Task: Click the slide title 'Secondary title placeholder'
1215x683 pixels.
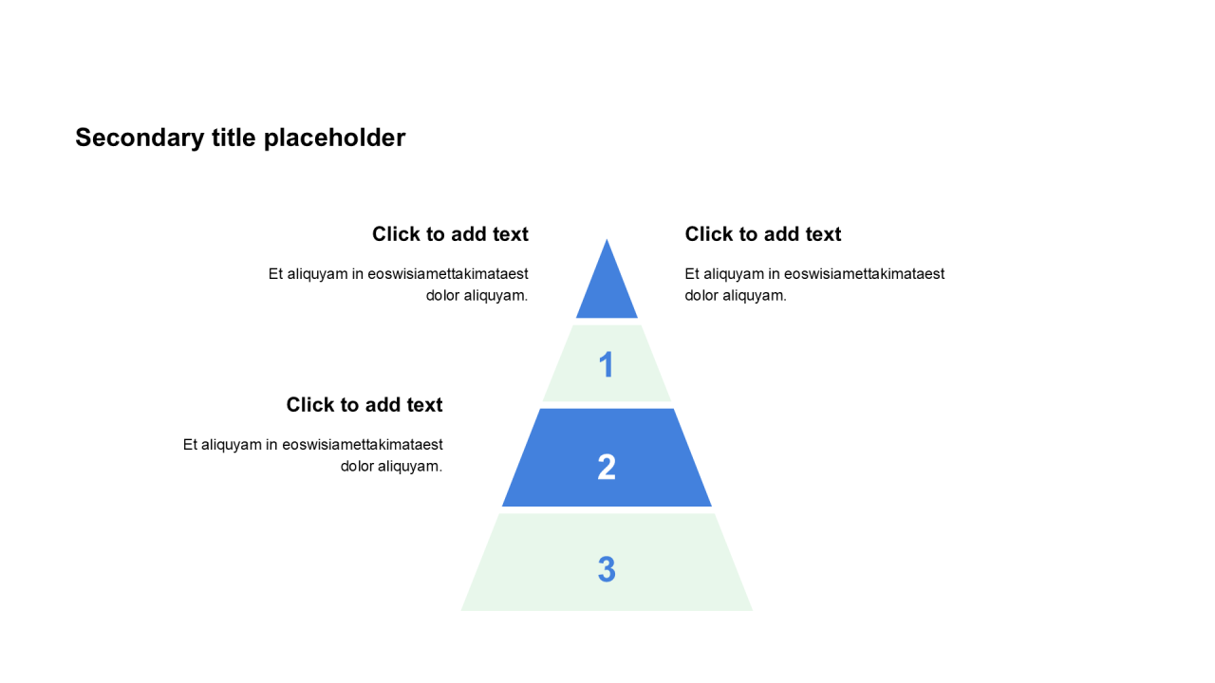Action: (x=240, y=138)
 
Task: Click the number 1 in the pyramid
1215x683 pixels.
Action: (x=607, y=365)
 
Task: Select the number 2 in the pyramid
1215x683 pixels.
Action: (x=607, y=467)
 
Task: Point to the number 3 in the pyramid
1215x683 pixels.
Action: (x=607, y=569)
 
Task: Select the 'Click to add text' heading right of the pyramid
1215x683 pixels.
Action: (x=763, y=234)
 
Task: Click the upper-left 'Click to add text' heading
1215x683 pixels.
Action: (x=450, y=234)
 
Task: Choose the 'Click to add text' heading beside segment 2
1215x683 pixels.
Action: (x=364, y=405)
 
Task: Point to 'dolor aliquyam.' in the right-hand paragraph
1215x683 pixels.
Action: (x=736, y=295)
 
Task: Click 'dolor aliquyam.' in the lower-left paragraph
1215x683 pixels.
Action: (x=391, y=466)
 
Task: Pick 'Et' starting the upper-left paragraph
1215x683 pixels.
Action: (x=276, y=274)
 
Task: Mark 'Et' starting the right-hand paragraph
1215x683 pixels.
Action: (x=693, y=274)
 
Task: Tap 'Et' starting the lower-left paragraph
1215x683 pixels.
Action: (x=191, y=445)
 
